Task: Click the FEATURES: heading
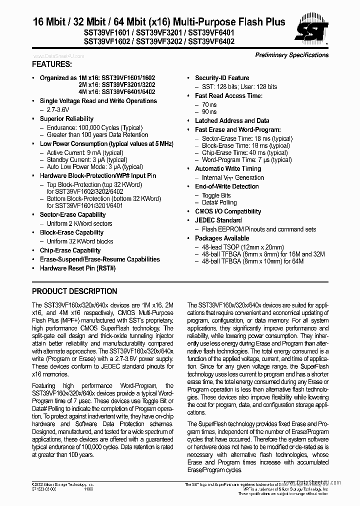coord(51,64)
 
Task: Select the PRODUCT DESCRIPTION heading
coord(74,291)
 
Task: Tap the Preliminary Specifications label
coord(292,55)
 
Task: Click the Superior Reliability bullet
coord(66,118)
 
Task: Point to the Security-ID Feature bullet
coord(222,77)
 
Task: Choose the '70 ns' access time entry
coord(209,104)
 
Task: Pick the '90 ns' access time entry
coord(209,112)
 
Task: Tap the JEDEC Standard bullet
coord(218,220)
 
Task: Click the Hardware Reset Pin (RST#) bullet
coord(77,268)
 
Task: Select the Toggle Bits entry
coord(216,195)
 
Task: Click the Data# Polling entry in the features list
coord(219,203)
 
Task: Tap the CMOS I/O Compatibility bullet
coord(228,211)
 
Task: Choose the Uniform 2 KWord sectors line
coord(79,223)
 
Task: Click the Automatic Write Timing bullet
coord(228,169)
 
